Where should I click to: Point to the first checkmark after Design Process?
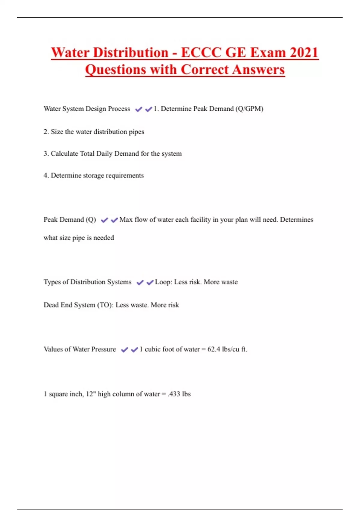click(139, 109)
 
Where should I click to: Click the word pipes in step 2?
click(136, 132)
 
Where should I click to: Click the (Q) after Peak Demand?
click(91, 220)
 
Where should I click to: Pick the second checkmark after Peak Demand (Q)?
click(114, 220)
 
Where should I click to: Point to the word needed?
click(103, 238)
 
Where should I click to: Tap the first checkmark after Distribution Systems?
click(140, 283)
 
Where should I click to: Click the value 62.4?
click(214, 349)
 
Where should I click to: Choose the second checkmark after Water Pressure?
click(134, 350)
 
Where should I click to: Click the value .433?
click(174, 394)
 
